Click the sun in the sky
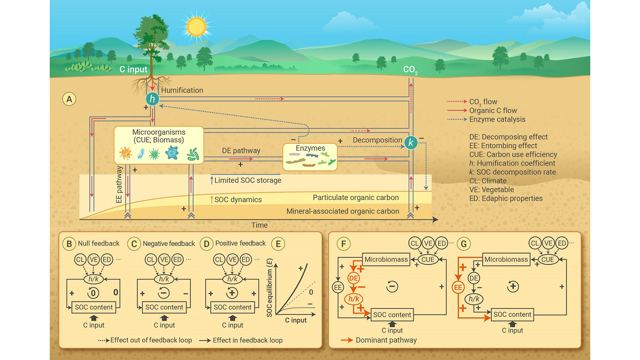point(195,25)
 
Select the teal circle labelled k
point(411,143)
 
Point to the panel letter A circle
point(69,99)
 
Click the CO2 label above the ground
point(411,70)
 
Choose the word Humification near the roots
point(182,90)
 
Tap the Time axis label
point(259,225)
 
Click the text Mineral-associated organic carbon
point(343,211)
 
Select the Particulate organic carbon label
point(356,198)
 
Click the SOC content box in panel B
point(94,307)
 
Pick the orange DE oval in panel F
point(354,277)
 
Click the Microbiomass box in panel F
point(385,259)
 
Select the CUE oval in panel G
point(548,259)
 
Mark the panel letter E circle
point(278,243)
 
